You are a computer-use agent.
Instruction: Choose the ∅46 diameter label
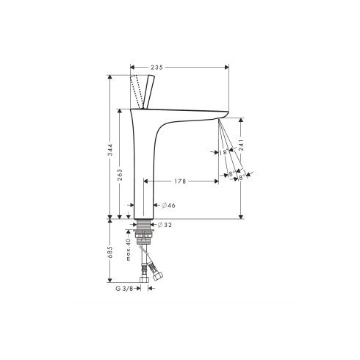coord(168,205)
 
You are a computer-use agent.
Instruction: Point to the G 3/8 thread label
coord(126,288)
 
